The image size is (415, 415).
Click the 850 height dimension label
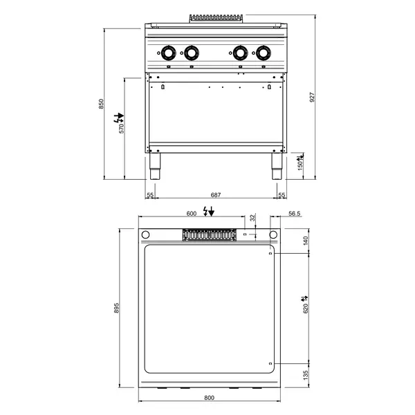click(x=101, y=104)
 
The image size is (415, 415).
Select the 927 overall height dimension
click(x=312, y=99)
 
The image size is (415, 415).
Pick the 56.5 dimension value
click(x=293, y=214)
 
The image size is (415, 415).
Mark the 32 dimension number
click(x=253, y=218)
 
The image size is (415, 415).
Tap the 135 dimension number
click(x=305, y=375)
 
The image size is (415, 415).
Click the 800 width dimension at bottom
click(x=210, y=398)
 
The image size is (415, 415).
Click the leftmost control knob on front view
click(x=167, y=52)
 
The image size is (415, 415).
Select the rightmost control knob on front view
click(x=264, y=52)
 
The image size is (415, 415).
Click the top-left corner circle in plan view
click(x=145, y=234)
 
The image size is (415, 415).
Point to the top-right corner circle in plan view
click(x=273, y=234)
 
